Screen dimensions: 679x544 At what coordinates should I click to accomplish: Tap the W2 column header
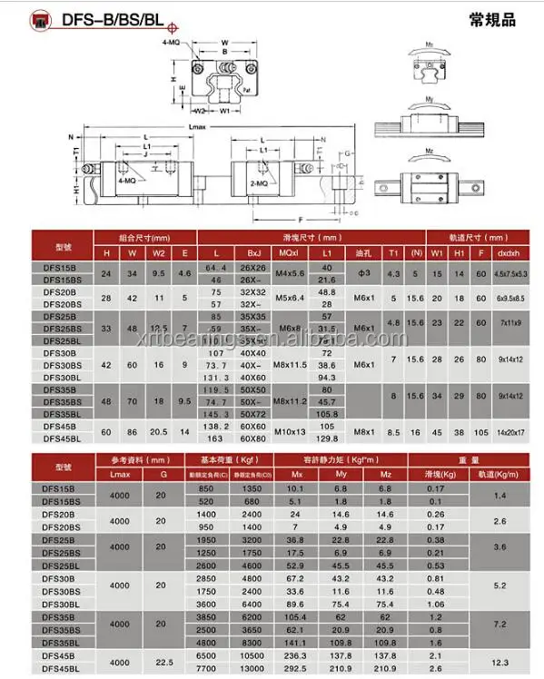pyautogui.click(x=160, y=253)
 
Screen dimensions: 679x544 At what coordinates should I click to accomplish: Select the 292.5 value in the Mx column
pyautogui.click(x=295, y=665)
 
